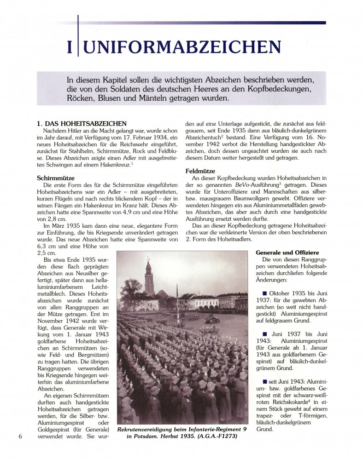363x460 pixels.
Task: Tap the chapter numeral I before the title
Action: click(x=70, y=47)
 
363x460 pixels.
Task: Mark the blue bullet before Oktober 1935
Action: click(x=264, y=293)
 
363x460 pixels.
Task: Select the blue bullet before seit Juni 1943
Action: click(x=264, y=381)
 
